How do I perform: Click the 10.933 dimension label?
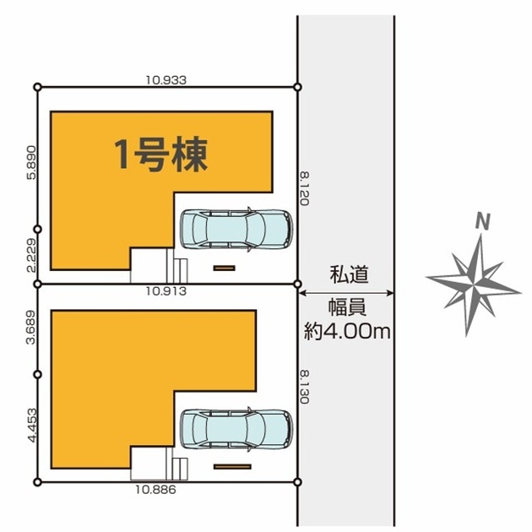(166, 80)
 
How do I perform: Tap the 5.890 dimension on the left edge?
(31, 162)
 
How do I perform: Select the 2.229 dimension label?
(31, 255)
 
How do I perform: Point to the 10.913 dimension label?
(166, 290)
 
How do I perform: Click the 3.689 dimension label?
(31, 327)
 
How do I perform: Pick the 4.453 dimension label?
(32, 425)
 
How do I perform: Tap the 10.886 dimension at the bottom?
(155, 490)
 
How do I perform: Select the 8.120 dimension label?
(304, 188)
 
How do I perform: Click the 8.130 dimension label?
(304, 387)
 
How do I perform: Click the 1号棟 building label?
(160, 155)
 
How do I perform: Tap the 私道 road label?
(349, 274)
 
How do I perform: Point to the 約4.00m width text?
(347, 331)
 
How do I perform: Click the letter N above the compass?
(483, 221)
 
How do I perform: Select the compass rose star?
(473, 285)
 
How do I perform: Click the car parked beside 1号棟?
(236, 229)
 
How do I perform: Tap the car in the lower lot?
(236, 429)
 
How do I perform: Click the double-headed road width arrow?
(346, 293)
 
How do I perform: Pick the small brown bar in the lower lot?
(232, 467)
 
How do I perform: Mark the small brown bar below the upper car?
(225, 268)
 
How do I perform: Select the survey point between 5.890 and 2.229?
(38, 230)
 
